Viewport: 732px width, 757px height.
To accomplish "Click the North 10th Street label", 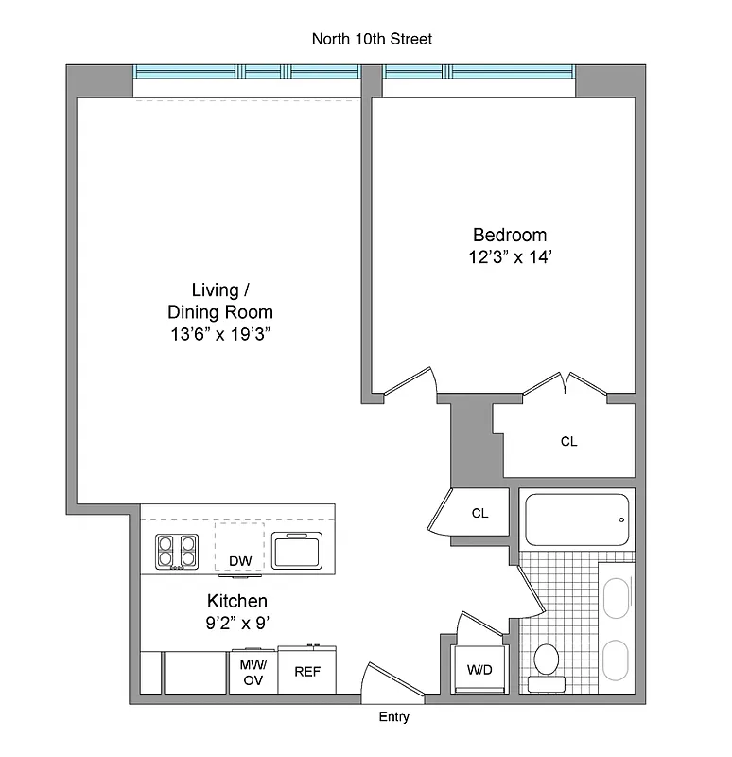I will click(372, 39).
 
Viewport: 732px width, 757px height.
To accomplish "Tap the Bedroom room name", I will click(510, 236).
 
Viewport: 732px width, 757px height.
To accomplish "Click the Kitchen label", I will click(237, 601).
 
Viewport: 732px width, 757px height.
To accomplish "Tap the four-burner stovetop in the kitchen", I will click(177, 551).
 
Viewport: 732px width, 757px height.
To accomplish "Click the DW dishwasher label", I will click(240, 561).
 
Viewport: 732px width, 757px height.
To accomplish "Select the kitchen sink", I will click(297, 550).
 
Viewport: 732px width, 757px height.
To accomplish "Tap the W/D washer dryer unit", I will click(479, 670).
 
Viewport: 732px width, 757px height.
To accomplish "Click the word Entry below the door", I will click(394, 717).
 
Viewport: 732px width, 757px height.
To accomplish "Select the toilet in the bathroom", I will click(547, 662).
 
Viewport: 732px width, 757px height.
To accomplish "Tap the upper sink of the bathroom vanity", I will click(618, 598).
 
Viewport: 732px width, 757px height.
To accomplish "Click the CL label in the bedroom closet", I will click(568, 441).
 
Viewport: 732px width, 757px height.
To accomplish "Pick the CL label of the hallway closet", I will click(479, 513).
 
